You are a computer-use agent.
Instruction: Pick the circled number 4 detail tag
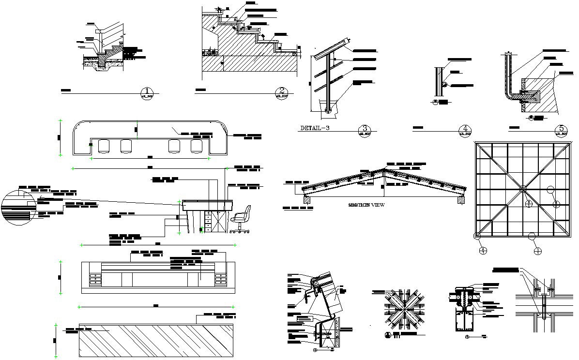coord(464,130)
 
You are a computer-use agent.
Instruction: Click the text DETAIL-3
coord(315,128)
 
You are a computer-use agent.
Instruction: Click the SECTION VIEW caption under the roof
coord(366,205)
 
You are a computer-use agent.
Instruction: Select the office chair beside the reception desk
coord(241,219)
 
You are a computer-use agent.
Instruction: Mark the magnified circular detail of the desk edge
coord(18,208)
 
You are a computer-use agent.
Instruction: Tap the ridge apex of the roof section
coord(385,169)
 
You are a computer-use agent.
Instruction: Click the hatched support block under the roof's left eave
coord(307,198)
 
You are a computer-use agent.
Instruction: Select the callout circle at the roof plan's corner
coord(477,236)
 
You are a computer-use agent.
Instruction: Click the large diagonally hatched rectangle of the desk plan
coord(156,341)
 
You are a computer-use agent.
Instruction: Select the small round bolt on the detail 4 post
coord(444,84)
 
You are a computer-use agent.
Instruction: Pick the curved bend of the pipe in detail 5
coord(508,95)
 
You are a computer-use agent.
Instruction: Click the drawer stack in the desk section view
coord(208,221)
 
